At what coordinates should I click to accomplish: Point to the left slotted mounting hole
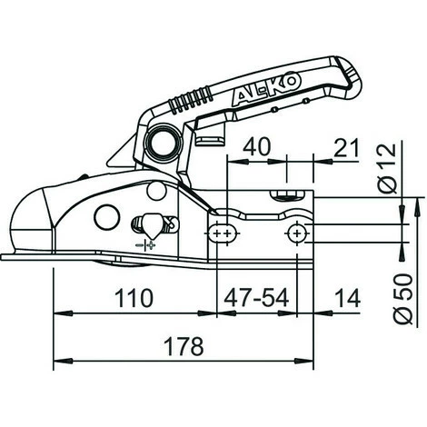[x=219, y=235]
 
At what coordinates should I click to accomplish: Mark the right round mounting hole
[x=296, y=235]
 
